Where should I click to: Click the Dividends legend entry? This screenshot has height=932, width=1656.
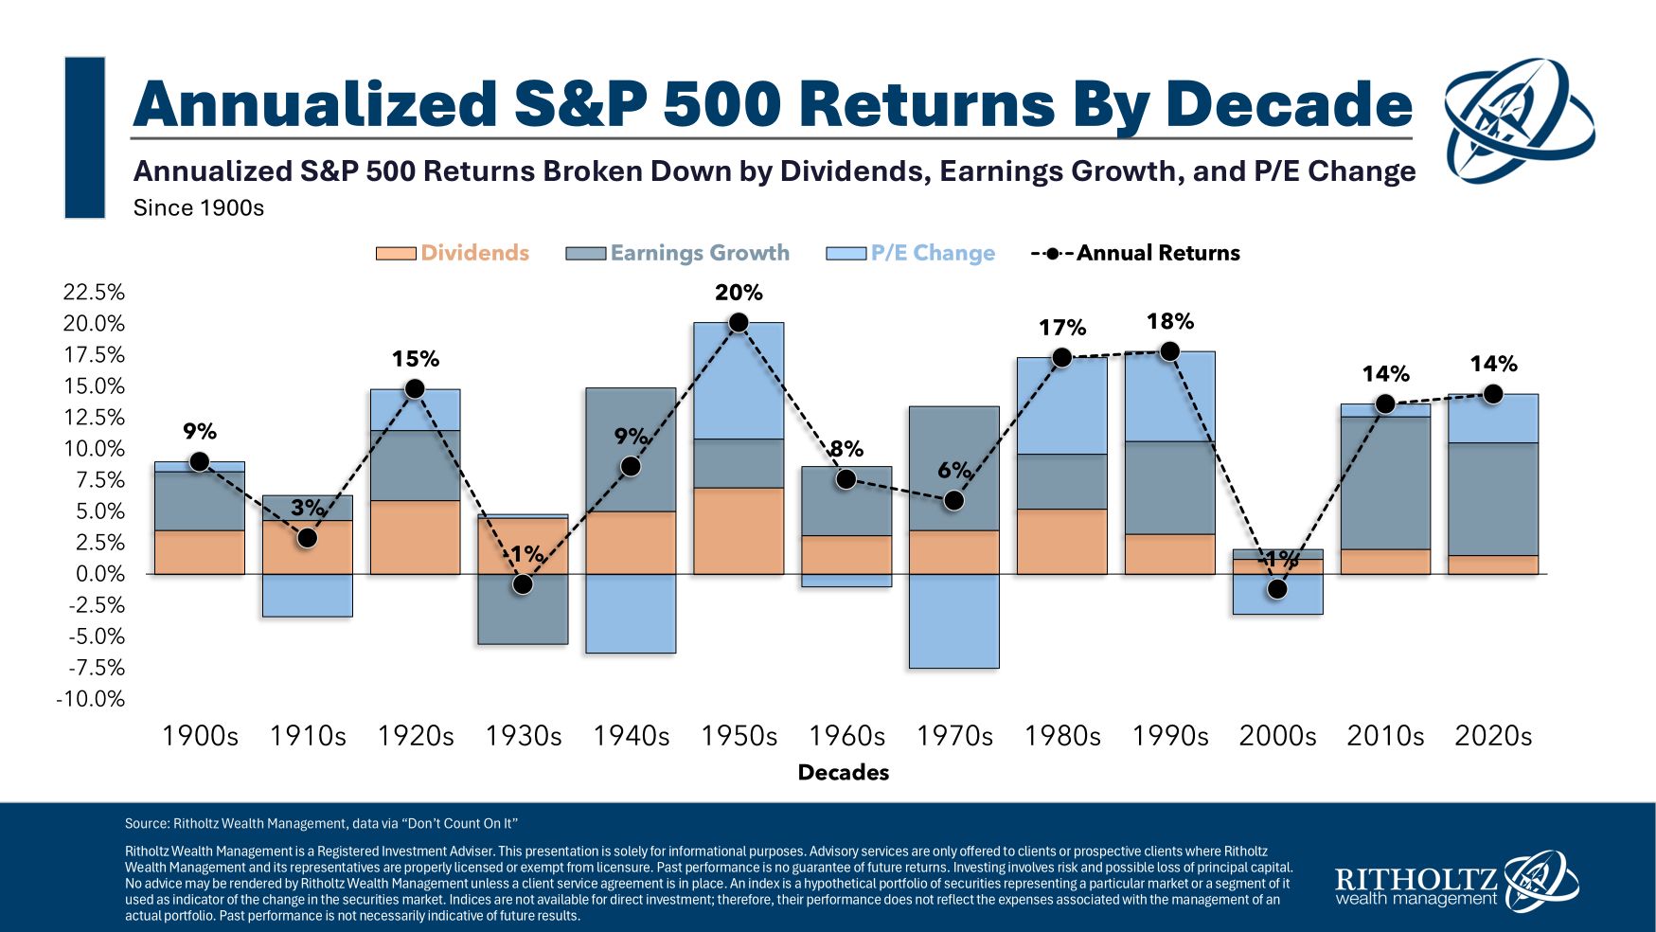click(x=453, y=253)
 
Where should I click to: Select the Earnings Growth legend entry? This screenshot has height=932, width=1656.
click(x=678, y=253)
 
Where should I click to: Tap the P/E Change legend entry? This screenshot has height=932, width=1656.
click(x=911, y=253)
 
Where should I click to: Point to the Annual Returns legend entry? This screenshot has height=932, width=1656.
click(x=1136, y=253)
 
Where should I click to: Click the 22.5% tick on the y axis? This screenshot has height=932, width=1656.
click(x=94, y=292)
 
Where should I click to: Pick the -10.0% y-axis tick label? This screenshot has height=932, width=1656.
click(x=91, y=699)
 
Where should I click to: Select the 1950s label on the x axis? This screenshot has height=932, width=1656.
click(x=739, y=736)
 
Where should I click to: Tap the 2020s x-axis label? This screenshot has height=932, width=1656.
click(x=1492, y=736)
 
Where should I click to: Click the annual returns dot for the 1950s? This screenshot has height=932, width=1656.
click(x=739, y=323)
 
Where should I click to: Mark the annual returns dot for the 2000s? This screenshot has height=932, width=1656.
click(x=1277, y=589)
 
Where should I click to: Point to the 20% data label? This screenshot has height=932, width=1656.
click(x=739, y=293)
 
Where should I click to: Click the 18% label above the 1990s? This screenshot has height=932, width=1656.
click(x=1170, y=321)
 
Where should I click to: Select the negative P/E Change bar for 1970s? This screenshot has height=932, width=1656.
click(x=953, y=621)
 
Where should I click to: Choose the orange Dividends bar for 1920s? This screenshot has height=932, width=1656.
click(x=415, y=537)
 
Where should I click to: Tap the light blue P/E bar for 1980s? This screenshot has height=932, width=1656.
click(x=1061, y=405)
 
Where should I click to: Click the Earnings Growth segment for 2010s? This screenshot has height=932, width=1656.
click(x=1385, y=483)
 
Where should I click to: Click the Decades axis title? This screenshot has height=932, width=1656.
click(x=843, y=772)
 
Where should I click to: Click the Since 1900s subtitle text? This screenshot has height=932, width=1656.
click(x=198, y=207)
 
